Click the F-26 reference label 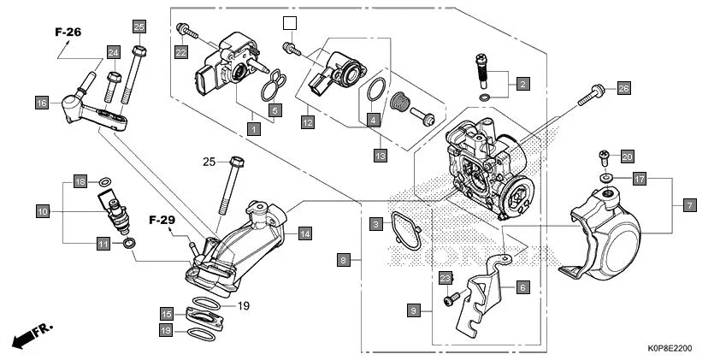[x=68, y=32]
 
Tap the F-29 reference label [x=162, y=221]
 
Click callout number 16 [x=41, y=103]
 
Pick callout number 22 [x=180, y=52]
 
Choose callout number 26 [x=623, y=88]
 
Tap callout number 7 [x=690, y=205]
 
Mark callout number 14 [x=304, y=233]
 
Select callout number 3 [x=375, y=224]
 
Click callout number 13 [x=380, y=156]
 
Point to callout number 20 [x=627, y=156]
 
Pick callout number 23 [x=445, y=279]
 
